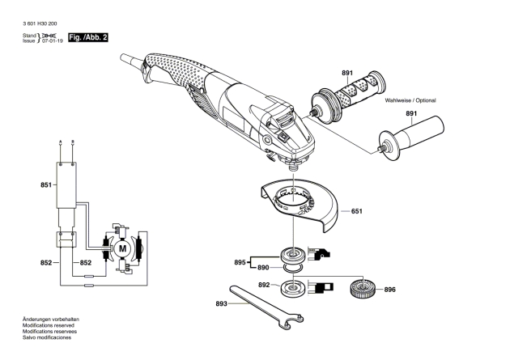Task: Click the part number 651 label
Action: (x=356, y=211)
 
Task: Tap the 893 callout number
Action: (x=221, y=304)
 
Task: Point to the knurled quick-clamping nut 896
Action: (x=363, y=287)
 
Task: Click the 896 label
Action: (x=389, y=290)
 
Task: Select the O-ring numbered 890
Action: (x=293, y=267)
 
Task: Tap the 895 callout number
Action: (x=240, y=262)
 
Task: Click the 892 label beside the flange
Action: (x=264, y=285)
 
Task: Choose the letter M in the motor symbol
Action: (x=122, y=249)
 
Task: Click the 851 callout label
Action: (x=46, y=185)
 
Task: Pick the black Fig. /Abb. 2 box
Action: (x=87, y=37)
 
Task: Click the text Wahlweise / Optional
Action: (x=410, y=100)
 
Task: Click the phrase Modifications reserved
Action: (x=48, y=325)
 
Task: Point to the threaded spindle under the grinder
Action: (x=293, y=167)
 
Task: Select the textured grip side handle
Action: (x=348, y=97)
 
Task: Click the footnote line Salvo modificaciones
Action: (x=47, y=337)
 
